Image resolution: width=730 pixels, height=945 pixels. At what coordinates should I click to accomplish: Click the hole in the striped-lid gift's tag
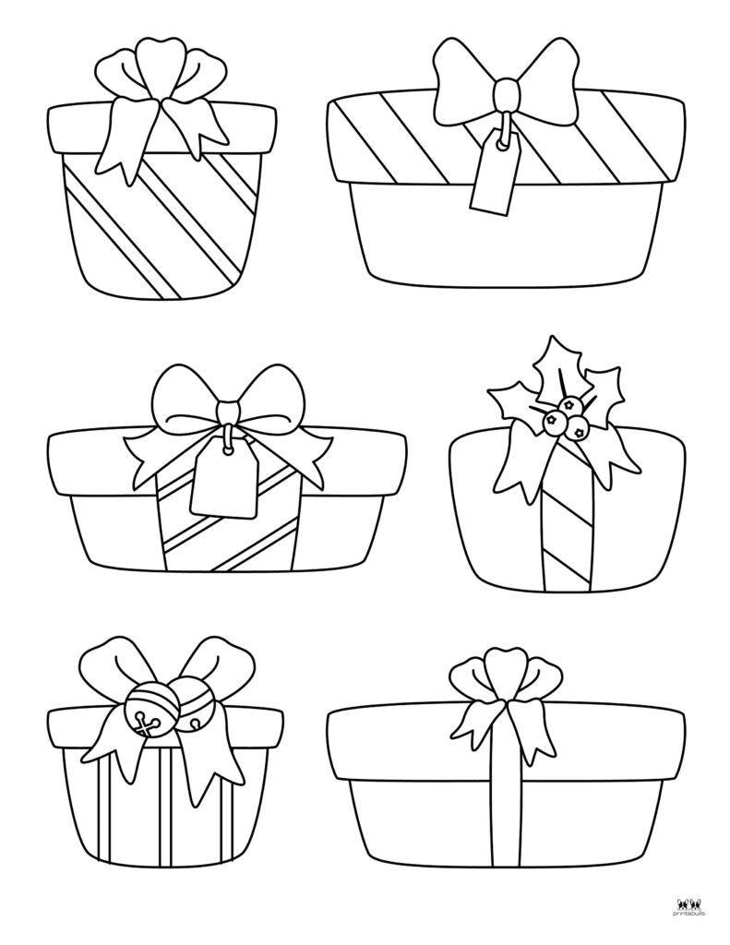501,144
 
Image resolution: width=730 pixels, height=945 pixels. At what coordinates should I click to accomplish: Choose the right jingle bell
188,712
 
